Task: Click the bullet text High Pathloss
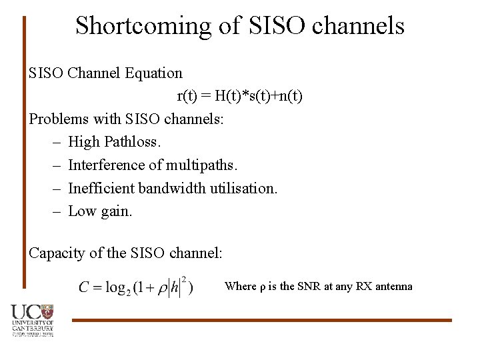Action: [x=115, y=142]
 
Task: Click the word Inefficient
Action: [x=101, y=189]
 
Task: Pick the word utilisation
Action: [x=243, y=189]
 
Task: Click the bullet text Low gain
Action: [x=101, y=212]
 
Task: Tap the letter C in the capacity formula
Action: [x=85, y=287]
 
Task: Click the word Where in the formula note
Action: [x=240, y=287]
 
